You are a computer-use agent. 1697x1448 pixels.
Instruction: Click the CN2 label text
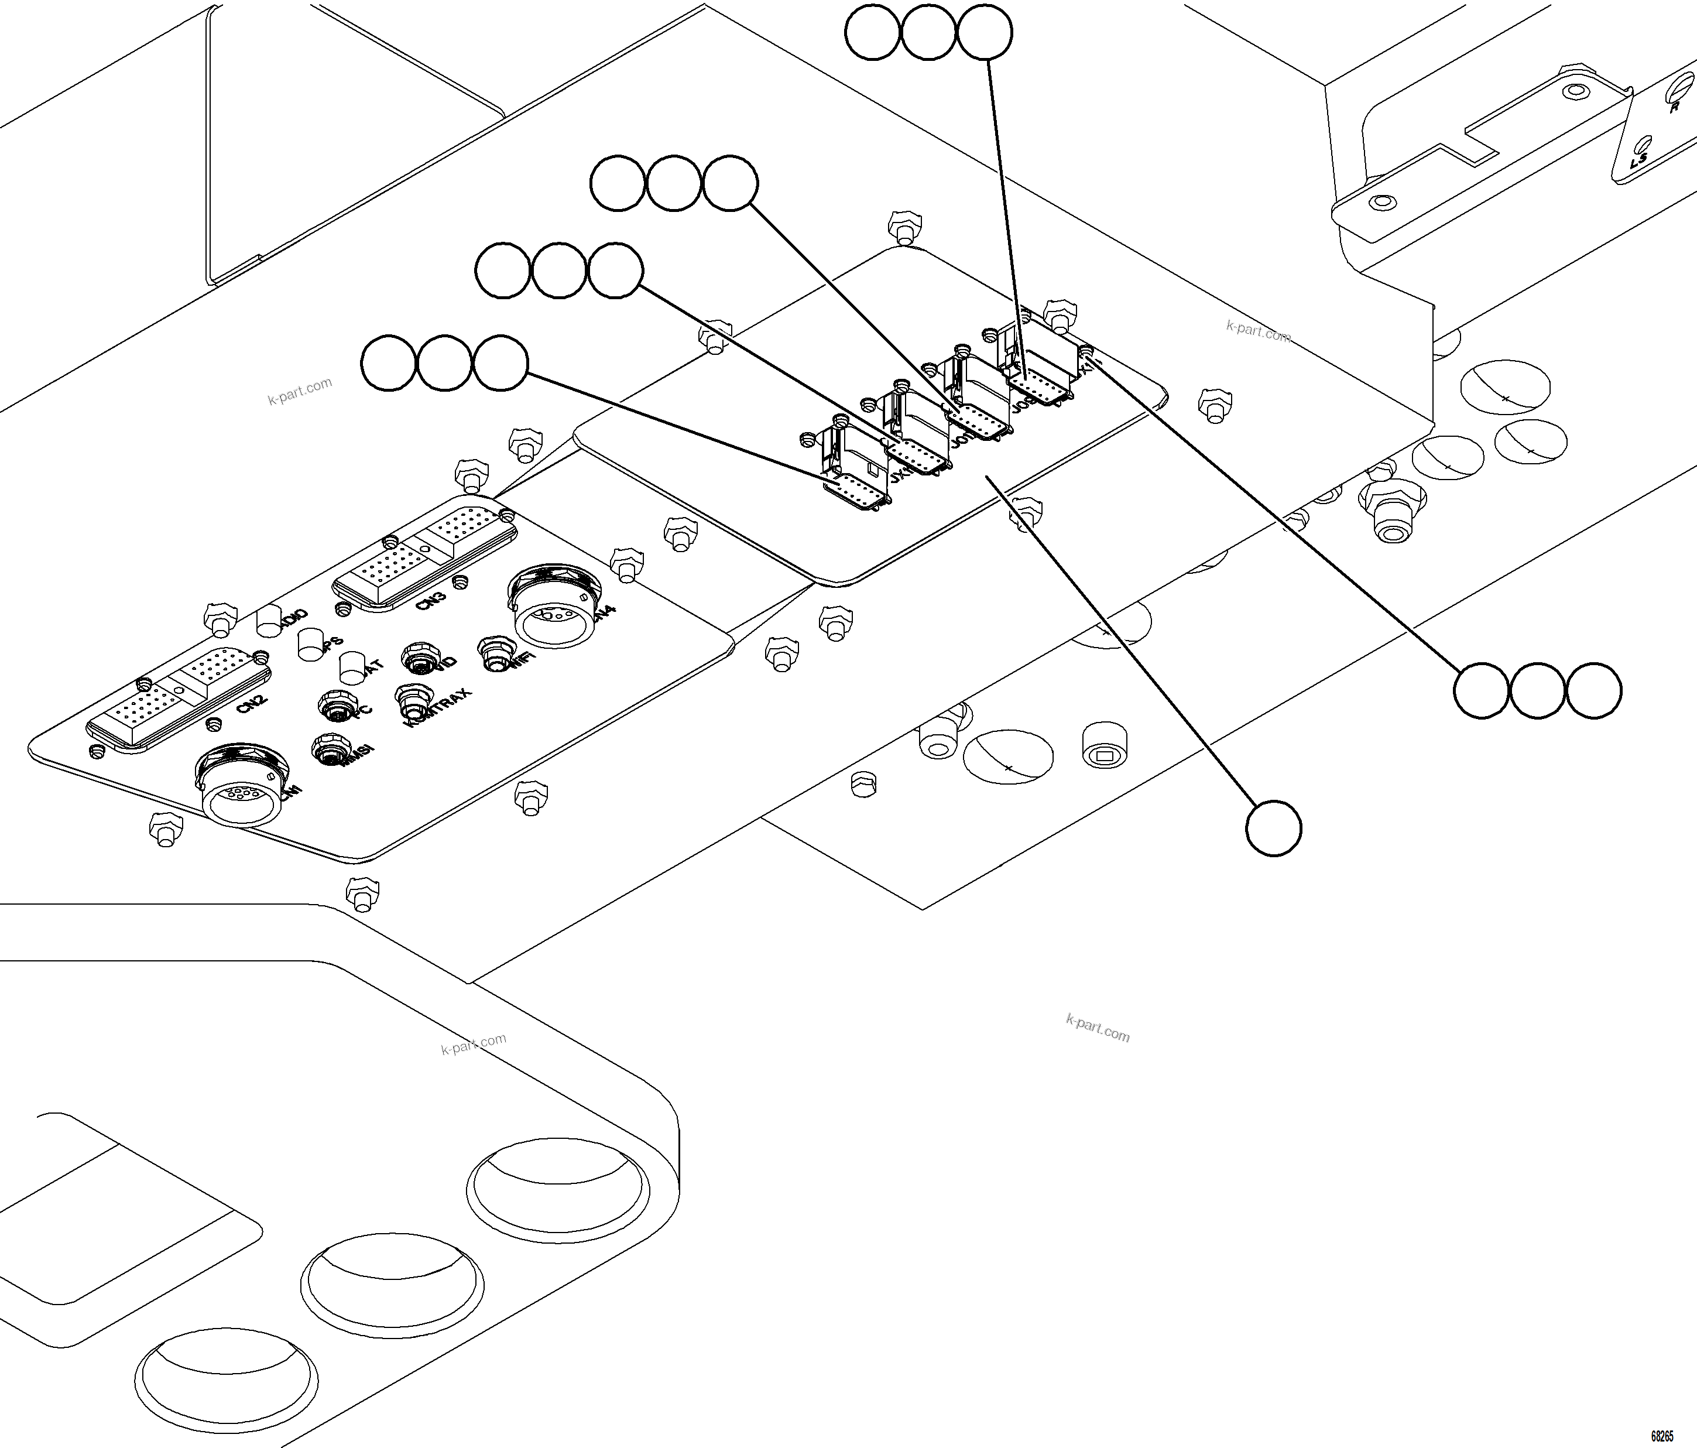tap(251, 704)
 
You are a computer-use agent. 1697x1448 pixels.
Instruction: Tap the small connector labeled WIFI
tap(493, 653)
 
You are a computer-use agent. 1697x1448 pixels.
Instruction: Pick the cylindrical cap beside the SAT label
tap(351, 667)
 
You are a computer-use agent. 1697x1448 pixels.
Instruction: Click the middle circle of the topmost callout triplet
tap(928, 32)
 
